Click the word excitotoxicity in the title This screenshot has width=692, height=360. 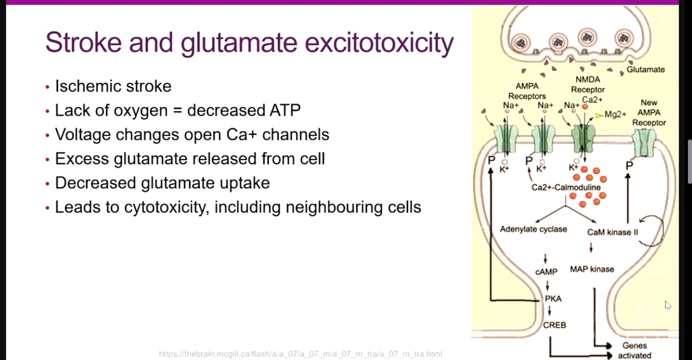[379, 43]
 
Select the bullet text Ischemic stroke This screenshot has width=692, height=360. [113, 86]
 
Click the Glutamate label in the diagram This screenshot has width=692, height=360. [645, 70]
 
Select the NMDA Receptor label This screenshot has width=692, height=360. [588, 85]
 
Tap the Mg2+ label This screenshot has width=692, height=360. [615, 115]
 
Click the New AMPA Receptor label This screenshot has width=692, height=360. [648, 113]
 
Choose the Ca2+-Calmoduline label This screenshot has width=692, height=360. [566, 187]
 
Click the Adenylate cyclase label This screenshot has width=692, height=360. [533, 229]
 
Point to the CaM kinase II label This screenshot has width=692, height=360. [612, 232]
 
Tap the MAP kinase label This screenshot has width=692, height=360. [592, 269]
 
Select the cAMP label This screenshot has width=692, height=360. [546, 272]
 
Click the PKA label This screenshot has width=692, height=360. [553, 299]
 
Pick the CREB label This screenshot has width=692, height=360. [554, 325]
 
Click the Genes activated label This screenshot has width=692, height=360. [634, 350]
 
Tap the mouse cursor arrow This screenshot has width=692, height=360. [668, 305]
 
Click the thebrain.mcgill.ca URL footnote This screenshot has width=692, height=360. [300, 354]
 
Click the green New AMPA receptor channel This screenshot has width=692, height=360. [644, 143]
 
